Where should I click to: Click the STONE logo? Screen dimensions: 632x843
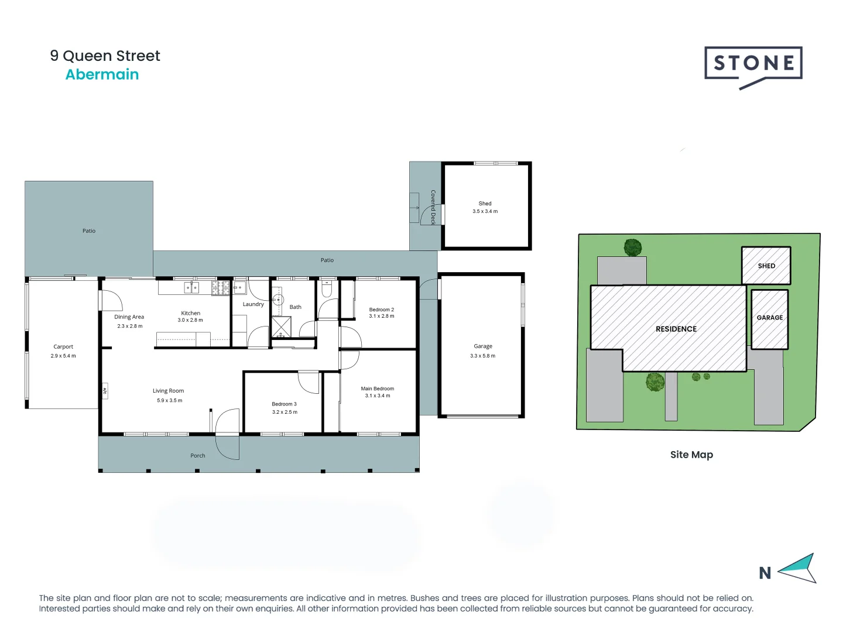[753, 64]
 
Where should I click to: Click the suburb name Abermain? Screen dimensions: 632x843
[102, 75]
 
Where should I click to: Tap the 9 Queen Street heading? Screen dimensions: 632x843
[105, 56]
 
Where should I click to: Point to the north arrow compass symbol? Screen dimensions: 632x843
[799, 568]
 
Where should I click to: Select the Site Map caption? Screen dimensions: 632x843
[691, 455]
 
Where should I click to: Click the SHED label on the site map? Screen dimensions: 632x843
[766, 266]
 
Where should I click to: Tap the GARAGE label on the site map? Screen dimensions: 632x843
[769, 318]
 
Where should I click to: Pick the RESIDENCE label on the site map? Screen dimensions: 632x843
[676, 329]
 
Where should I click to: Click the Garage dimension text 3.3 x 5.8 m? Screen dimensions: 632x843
[482, 356]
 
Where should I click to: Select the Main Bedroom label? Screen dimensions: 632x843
[377, 389]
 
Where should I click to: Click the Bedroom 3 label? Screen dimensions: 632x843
[284, 404]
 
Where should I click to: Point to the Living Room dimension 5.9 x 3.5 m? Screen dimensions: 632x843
[169, 401]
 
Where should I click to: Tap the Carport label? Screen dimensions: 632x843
[63, 346]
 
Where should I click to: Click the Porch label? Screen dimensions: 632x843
[198, 455]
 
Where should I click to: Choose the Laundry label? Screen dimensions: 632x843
[253, 304]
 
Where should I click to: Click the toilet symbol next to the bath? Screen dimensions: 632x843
[327, 289]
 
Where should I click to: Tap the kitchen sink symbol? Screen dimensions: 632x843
[191, 287]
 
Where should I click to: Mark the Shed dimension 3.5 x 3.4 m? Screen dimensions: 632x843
[485, 211]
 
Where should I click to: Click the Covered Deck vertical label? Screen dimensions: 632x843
[433, 207]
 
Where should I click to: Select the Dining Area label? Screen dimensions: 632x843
[129, 317]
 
